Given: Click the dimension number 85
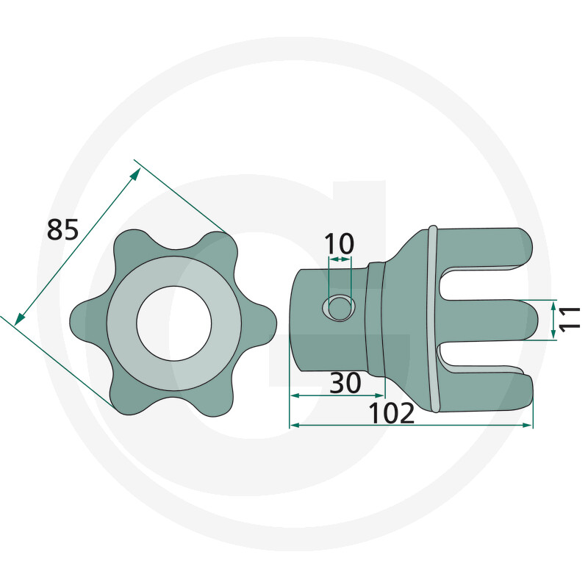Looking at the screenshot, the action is click(62, 229).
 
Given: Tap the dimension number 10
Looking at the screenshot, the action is click(339, 244).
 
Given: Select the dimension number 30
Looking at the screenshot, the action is click(345, 383).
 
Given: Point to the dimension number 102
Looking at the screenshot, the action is click(392, 413).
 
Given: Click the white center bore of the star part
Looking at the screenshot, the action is click(174, 323).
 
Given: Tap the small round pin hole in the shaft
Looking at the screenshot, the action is click(339, 307).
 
